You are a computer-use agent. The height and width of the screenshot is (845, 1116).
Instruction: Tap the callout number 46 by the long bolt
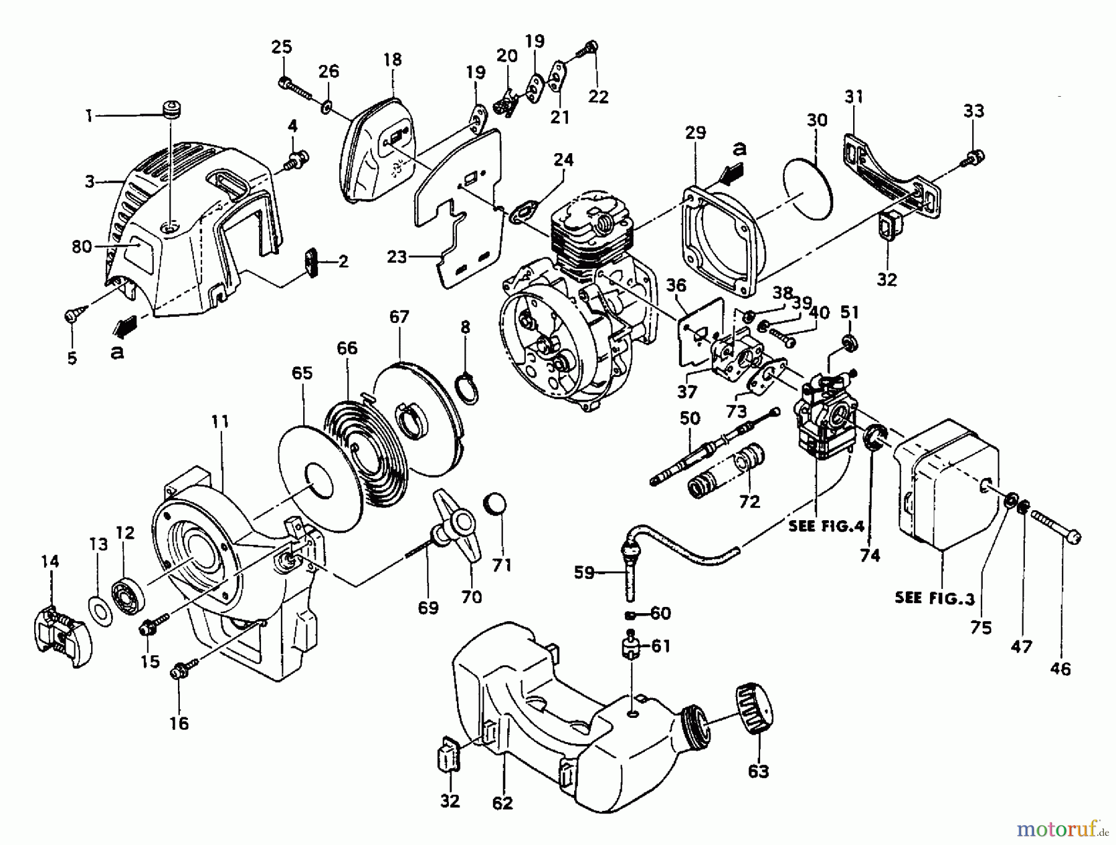[1061, 669]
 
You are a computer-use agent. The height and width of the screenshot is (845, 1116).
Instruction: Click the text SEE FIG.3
[935, 598]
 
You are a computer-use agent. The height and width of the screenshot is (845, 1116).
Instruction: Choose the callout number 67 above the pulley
[399, 317]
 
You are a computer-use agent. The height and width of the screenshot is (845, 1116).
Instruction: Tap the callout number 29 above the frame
[696, 133]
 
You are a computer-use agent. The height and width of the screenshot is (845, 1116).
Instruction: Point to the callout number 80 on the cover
[82, 247]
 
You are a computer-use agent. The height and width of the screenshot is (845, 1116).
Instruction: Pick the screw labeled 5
[70, 317]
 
